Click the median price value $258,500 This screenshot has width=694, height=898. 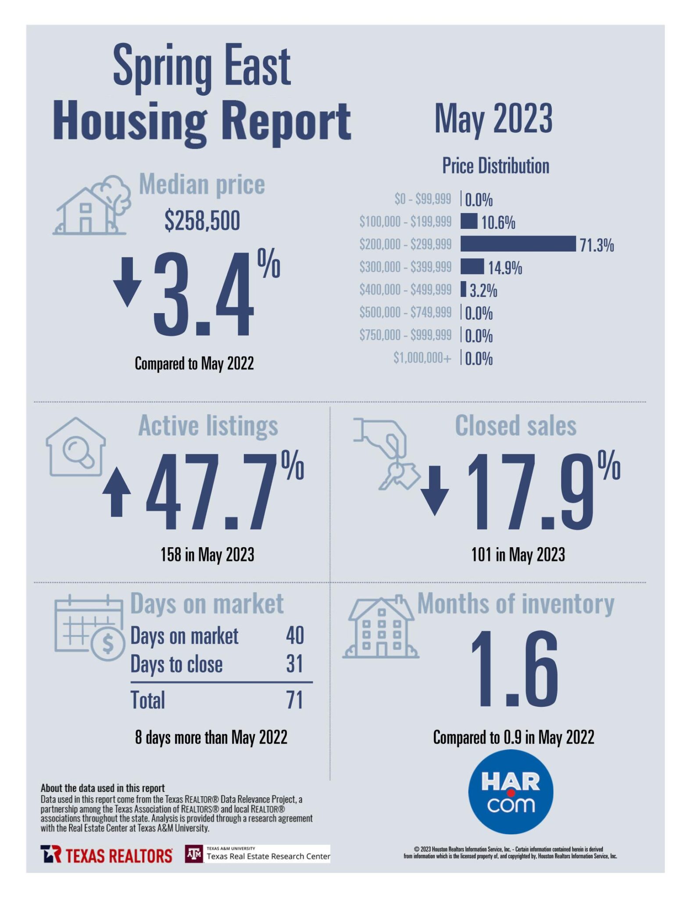pyautogui.click(x=202, y=221)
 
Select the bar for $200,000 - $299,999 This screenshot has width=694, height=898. pyautogui.click(x=518, y=244)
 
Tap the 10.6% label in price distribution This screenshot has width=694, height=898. pyautogui.click(x=498, y=223)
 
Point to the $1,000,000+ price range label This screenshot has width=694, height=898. pyautogui.click(x=422, y=358)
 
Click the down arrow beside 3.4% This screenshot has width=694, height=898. pyautogui.click(x=127, y=282)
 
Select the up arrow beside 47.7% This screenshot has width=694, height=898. pyautogui.click(x=117, y=492)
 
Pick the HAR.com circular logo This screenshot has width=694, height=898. pyautogui.click(x=511, y=792)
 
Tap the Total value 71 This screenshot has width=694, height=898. pyautogui.click(x=294, y=700)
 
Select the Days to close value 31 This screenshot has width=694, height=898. pyautogui.click(x=294, y=664)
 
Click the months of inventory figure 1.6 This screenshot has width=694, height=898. pyautogui.click(x=514, y=670)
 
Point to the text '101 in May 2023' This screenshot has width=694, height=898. pyautogui.click(x=518, y=555)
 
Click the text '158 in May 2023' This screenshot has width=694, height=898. pyautogui.click(x=207, y=555)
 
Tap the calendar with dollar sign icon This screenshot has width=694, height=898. pyautogui.click(x=89, y=628)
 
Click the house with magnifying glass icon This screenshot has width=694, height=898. pyautogui.click(x=76, y=447)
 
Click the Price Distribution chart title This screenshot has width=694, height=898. pyautogui.click(x=495, y=166)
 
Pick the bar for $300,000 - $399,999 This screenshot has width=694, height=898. pyautogui.click(x=472, y=267)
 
